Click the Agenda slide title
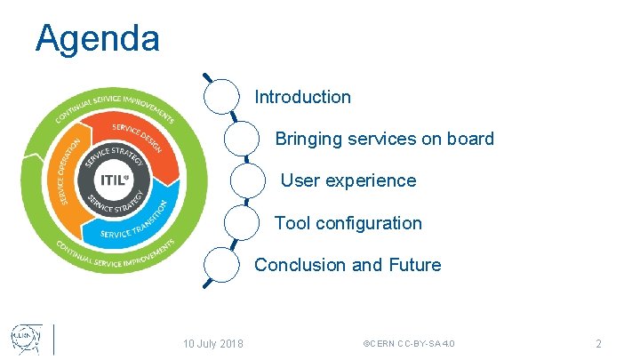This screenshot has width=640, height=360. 98,38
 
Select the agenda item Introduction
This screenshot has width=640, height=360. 302,97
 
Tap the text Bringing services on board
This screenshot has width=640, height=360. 384,139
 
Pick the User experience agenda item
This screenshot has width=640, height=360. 348,180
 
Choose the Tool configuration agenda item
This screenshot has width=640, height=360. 348,223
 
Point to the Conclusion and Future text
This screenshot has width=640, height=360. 348,265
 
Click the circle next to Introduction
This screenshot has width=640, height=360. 222,96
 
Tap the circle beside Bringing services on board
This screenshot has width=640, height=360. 242,138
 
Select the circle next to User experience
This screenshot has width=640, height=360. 248,180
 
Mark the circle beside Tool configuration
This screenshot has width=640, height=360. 242,222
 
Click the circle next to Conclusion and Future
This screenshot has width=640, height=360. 222,264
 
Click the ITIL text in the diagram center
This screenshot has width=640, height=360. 113,179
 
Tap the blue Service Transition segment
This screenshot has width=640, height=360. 133,228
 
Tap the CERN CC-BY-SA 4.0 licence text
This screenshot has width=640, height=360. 410,343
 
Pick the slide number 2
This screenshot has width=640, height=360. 598,343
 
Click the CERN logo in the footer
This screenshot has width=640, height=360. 24,339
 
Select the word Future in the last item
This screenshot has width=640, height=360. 414,265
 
